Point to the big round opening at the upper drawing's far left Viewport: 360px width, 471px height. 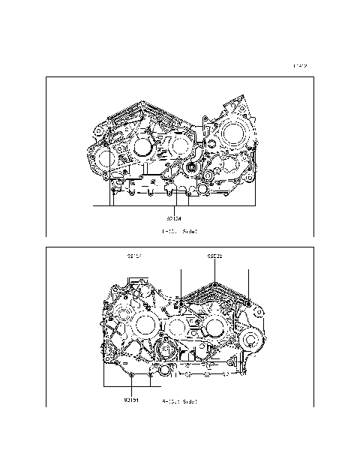[x=100, y=158]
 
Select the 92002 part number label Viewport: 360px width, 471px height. [x=215, y=256]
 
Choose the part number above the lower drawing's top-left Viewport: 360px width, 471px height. [x=135, y=256]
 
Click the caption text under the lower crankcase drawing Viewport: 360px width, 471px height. [x=180, y=401]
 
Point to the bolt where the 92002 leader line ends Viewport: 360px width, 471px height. [x=215, y=286]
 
